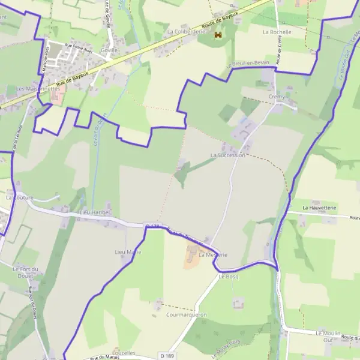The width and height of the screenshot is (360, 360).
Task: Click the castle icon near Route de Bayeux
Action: tap(218, 36)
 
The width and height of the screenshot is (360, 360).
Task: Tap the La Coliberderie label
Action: tap(186, 31)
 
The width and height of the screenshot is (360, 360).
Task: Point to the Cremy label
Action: tap(277, 97)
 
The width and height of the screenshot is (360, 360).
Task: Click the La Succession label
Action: tap(227, 155)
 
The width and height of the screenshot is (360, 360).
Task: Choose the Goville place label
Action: tap(110, 50)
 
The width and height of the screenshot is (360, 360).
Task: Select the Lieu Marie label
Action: tap(128, 252)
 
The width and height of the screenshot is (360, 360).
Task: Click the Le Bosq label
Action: tap(229, 277)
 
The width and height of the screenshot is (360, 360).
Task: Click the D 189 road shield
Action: tap(167, 357)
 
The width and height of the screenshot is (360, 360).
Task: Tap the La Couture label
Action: tap(20, 197)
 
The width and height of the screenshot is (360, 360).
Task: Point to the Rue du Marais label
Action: tap(105, 358)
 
